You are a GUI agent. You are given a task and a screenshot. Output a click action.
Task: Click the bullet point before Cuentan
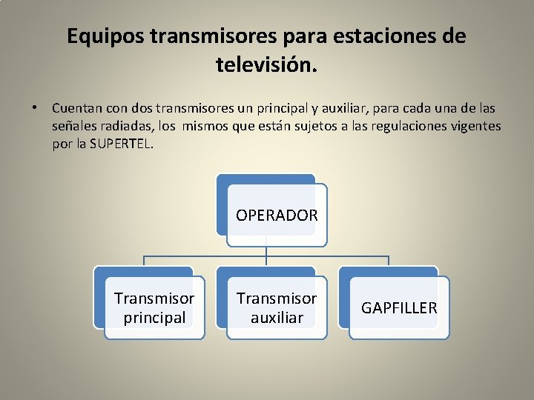(34, 108)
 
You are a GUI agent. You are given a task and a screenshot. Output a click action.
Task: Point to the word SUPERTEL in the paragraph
(121, 144)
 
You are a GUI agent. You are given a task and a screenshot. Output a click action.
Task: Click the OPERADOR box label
(277, 216)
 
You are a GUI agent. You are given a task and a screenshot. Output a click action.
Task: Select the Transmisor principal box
(154, 307)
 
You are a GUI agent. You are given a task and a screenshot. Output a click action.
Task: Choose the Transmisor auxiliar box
(277, 307)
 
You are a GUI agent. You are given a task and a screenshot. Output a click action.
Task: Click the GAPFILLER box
(399, 307)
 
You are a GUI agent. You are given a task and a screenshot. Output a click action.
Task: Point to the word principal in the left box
(154, 317)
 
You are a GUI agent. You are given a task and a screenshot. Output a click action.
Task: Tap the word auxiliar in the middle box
(277, 317)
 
